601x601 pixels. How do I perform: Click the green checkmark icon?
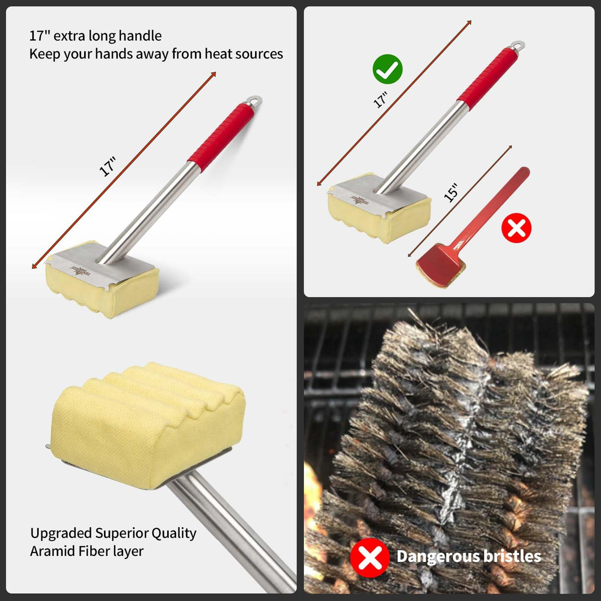click(387, 69)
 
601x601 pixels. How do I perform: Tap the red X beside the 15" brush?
click(516, 228)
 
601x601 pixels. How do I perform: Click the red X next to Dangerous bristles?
click(369, 557)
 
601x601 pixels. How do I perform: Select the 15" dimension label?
click(451, 193)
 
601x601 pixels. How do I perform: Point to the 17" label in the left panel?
click(108, 166)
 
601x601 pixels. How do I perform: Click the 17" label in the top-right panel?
click(380, 100)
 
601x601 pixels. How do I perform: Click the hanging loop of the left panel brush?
click(255, 100)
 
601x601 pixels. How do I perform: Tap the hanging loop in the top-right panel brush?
click(518, 46)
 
